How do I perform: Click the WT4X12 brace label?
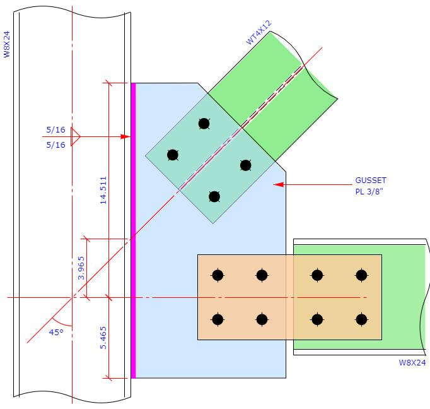pos(259,32)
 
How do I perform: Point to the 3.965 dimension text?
pos(79,268)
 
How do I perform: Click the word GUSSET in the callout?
pos(369,181)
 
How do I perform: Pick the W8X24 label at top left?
pos(8,45)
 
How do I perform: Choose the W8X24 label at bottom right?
pos(412,363)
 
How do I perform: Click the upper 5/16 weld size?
pos(55,129)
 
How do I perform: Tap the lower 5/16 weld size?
pos(55,145)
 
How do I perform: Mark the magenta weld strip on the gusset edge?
pos(133,230)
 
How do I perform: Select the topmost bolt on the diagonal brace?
pos(204,124)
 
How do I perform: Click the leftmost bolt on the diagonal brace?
pos(173,155)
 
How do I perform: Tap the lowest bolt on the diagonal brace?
pos(214,196)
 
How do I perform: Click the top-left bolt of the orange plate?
pos(218,275)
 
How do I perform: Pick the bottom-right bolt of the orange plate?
pos(361,319)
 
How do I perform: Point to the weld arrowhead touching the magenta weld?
pos(125,136)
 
